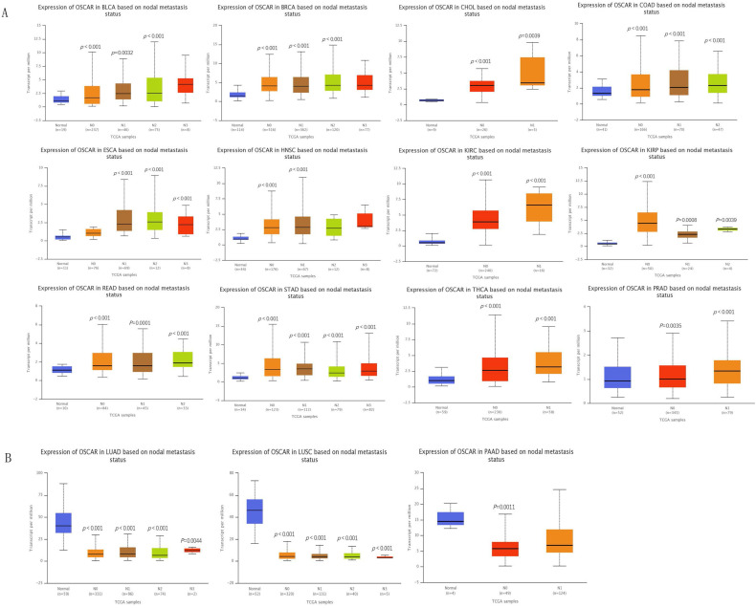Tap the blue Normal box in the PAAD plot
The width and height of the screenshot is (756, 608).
(451, 518)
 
